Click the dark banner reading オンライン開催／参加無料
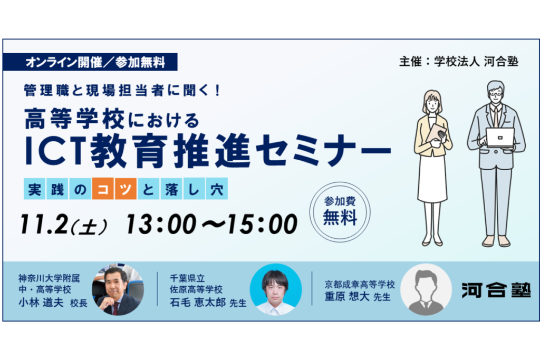90,62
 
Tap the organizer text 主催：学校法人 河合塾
459,62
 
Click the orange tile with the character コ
103,189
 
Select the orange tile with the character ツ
126,189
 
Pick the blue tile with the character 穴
217,189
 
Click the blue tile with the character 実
34,189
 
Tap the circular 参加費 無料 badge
340,212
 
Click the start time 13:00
161,224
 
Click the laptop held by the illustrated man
500,138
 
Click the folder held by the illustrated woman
438,134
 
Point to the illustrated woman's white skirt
432,179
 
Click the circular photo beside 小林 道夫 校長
118,289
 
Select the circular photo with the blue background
275,289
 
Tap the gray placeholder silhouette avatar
426,289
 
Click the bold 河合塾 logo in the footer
496,290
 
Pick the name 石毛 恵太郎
198,302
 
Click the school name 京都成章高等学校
360,285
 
